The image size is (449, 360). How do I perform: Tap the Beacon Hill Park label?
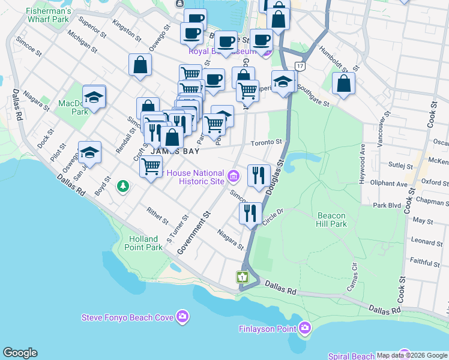(331, 220)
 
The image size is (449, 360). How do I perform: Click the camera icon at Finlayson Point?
(305, 328)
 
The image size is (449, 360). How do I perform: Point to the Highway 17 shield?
(300, 66)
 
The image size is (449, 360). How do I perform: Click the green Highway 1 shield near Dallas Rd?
(243, 277)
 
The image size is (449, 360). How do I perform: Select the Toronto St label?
(267, 142)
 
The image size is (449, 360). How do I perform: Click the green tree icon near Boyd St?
(123, 186)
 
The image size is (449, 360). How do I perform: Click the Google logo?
(20, 353)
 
